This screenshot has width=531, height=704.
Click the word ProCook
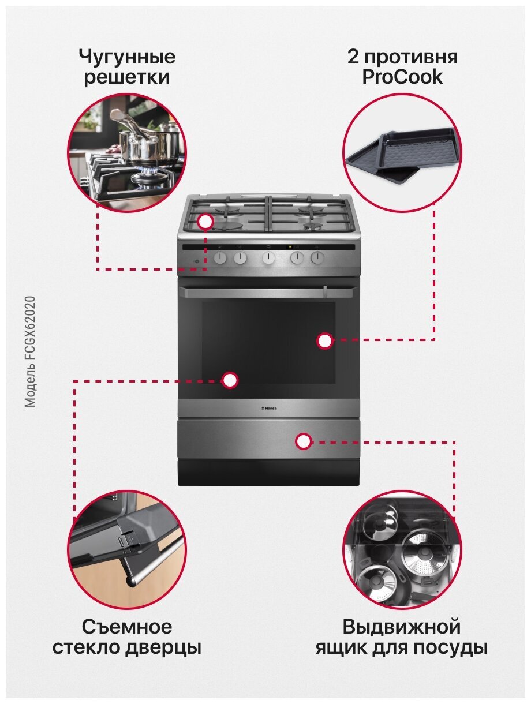402,77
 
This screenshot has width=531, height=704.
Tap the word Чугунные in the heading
127,57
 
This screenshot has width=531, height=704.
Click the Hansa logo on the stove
268,408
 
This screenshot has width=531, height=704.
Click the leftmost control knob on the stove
220,257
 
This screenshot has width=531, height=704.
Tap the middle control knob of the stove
268,257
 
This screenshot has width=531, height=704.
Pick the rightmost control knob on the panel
317,257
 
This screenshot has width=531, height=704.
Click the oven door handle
267,292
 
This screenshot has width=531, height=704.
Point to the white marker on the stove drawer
304,441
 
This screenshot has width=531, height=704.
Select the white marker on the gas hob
205,222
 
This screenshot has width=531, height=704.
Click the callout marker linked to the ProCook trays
324,341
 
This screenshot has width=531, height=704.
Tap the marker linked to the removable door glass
230,380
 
